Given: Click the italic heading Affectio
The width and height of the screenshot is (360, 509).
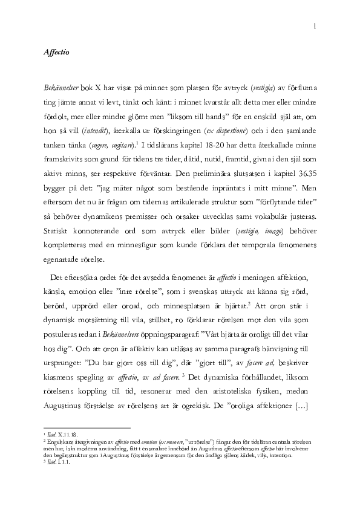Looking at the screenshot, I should point(57,53).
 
